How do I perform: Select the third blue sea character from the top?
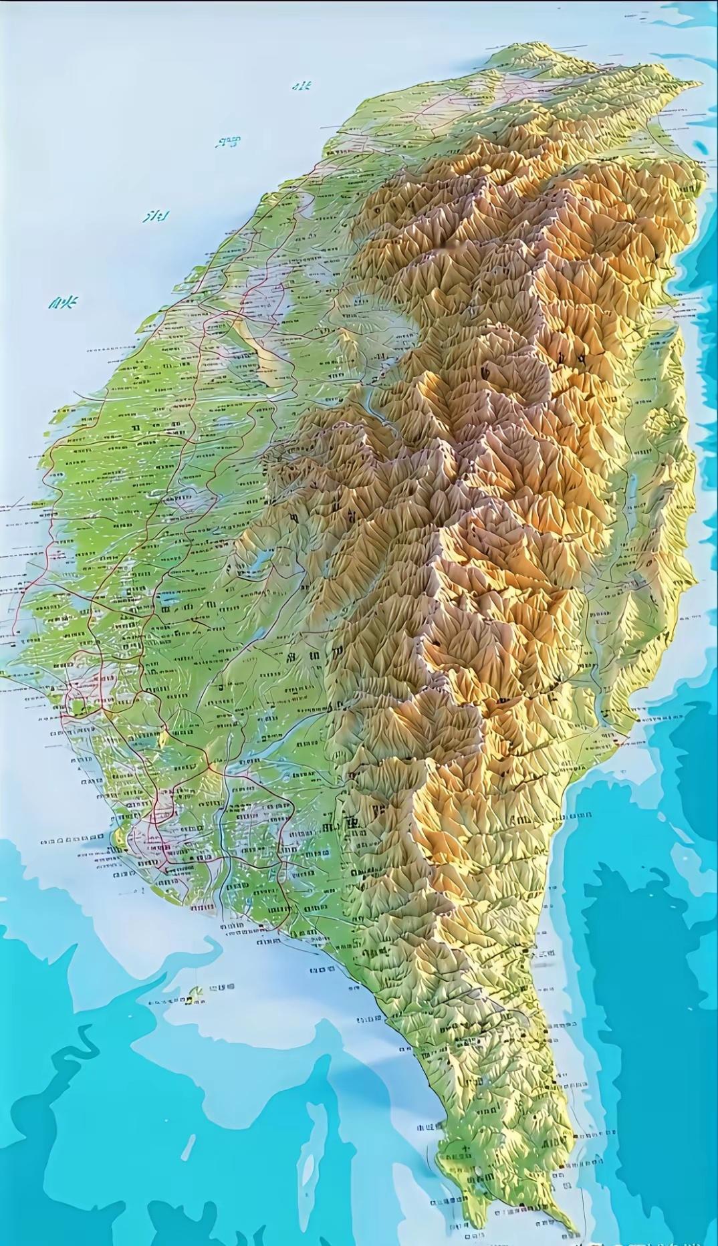[x=156, y=216]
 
